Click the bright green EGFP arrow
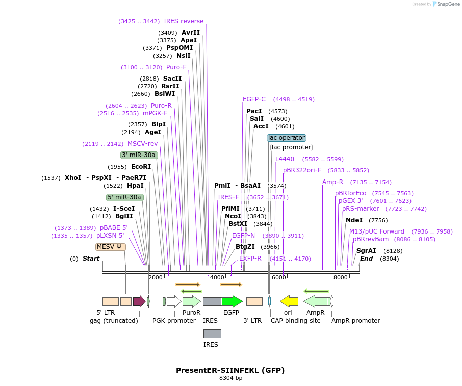click(232, 301)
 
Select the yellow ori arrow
click(289, 301)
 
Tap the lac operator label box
click(287, 138)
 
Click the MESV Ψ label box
click(111, 247)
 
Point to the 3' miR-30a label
click(139, 155)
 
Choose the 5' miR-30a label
click(124, 197)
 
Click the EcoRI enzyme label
click(141, 167)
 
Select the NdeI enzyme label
click(354, 220)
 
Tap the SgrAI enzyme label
click(366, 251)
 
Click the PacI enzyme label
click(254, 111)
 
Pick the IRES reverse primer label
click(184, 21)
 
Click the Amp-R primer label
click(333, 182)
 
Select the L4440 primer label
click(285, 159)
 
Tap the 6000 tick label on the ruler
click(278, 277)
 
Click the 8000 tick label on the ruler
click(340, 277)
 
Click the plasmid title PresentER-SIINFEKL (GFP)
click(230, 370)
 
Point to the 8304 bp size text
click(230, 378)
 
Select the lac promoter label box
click(291, 147)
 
